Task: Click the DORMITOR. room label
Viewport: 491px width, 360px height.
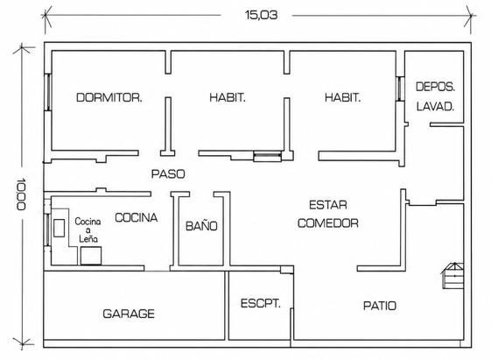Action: click(x=109, y=97)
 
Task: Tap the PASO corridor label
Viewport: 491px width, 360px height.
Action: click(x=168, y=174)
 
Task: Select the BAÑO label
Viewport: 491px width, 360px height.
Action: click(x=201, y=225)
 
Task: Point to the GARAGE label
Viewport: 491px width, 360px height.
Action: click(x=129, y=314)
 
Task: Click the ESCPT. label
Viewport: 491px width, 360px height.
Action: click(x=260, y=303)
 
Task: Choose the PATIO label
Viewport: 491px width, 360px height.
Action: click(x=380, y=306)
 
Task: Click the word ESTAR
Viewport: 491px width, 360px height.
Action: click(x=328, y=205)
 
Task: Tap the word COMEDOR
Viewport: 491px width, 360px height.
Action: click(x=328, y=223)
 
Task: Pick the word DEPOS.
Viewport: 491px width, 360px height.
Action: click(x=435, y=87)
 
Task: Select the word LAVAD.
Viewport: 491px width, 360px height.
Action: click(x=435, y=107)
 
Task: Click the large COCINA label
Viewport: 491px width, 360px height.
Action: click(x=136, y=217)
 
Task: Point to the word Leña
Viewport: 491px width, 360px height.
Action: click(x=88, y=239)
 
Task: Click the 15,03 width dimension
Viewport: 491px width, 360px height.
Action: click(x=261, y=15)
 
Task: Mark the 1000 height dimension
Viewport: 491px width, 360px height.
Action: click(x=21, y=194)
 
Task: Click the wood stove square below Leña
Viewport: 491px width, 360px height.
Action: click(x=91, y=256)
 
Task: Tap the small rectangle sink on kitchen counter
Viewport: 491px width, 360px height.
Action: click(x=60, y=228)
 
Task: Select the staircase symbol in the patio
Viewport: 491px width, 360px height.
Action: click(x=452, y=275)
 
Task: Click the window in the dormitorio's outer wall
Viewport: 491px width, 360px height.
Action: click(x=47, y=92)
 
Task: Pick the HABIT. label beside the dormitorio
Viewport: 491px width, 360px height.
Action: click(x=228, y=97)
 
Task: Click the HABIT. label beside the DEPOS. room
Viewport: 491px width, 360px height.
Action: click(x=342, y=97)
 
